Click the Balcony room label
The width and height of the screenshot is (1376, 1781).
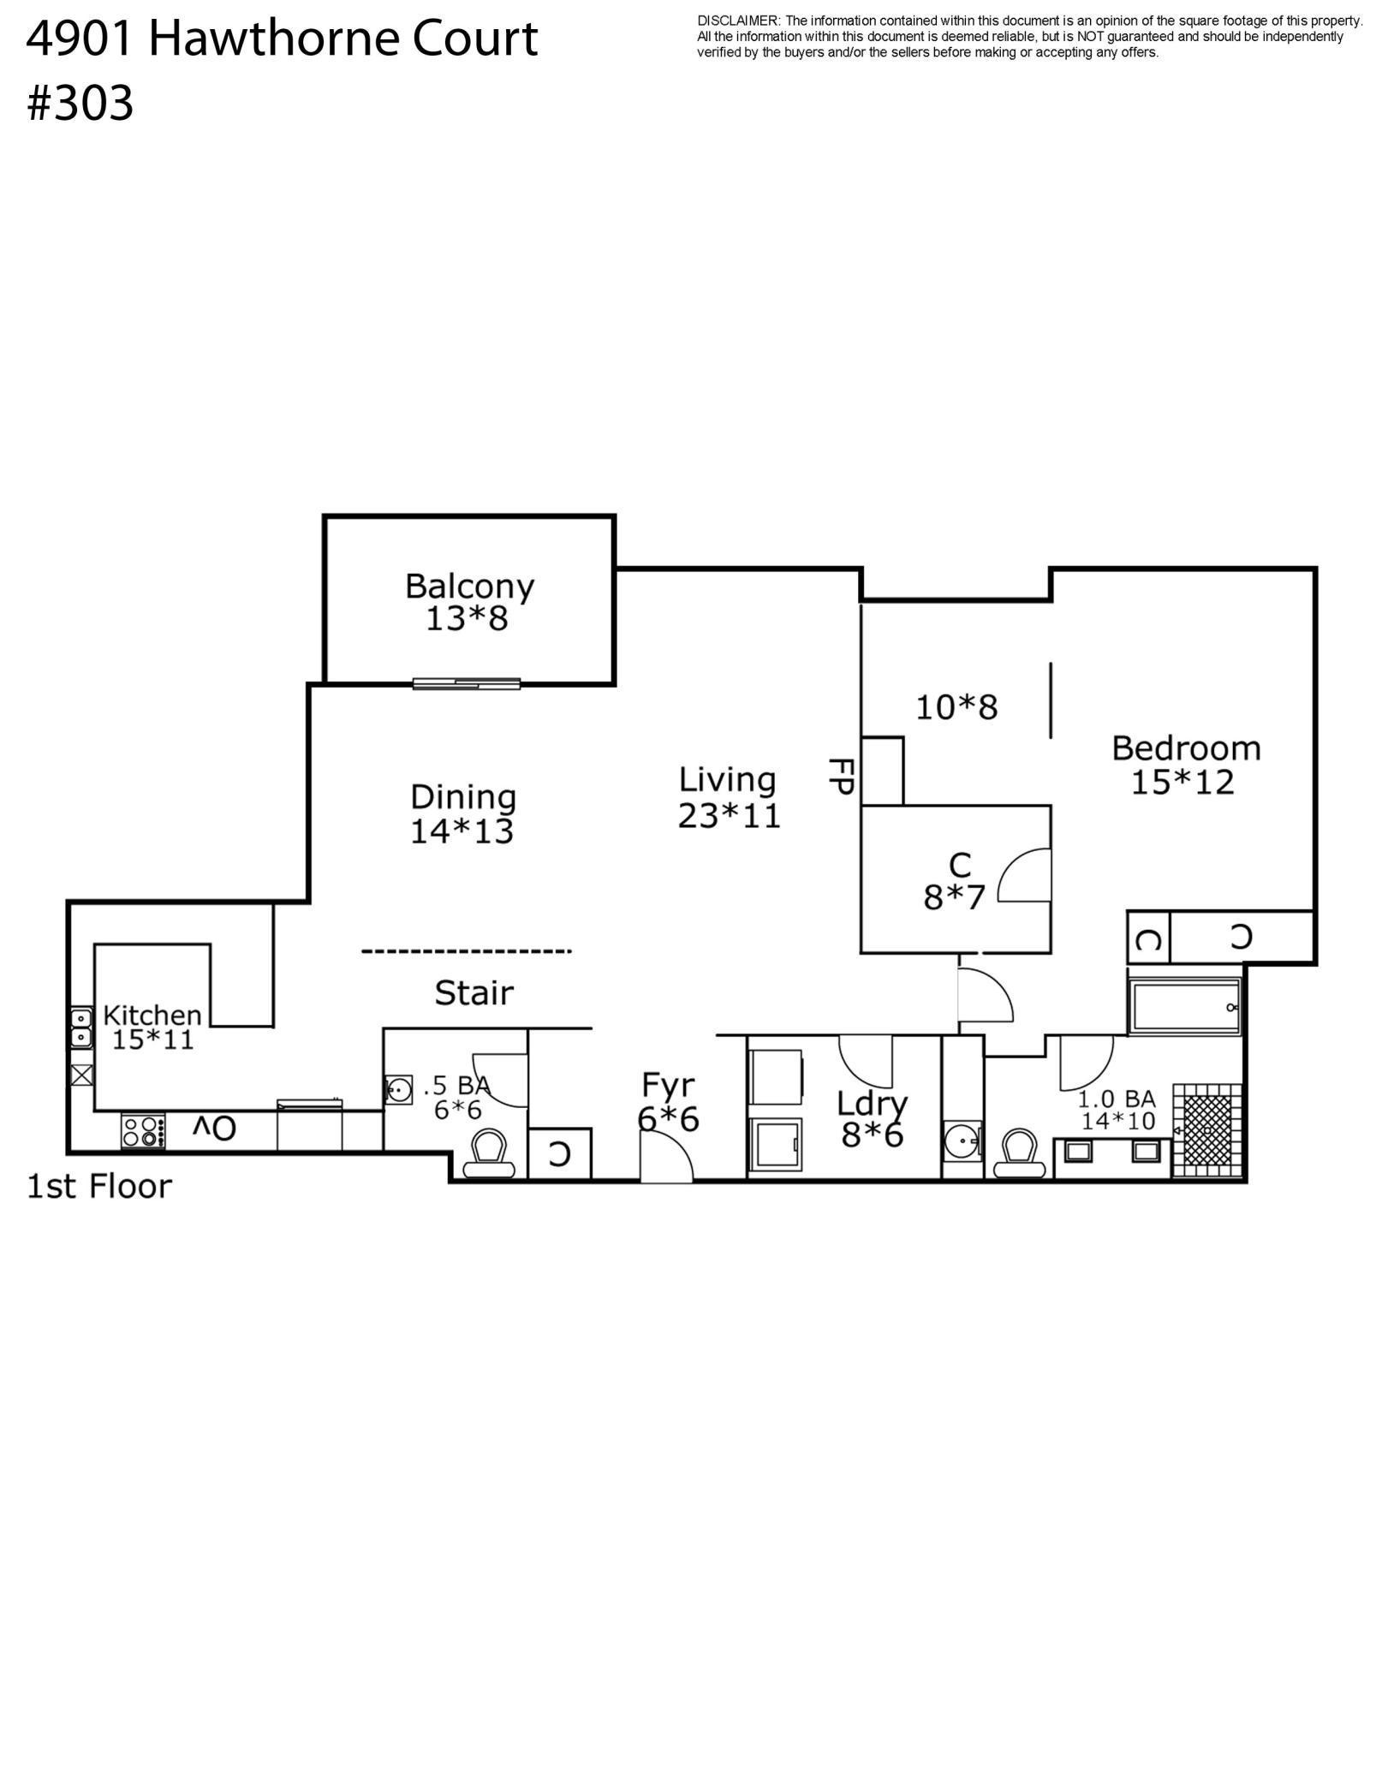pos(469,602)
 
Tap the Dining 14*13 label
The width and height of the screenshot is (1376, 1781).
pos(462,814)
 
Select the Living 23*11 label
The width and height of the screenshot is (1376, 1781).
pos(729,797)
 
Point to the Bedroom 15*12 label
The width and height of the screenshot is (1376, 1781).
pos(1186,765)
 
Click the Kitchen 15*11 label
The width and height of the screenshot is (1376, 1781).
pos(152,1027)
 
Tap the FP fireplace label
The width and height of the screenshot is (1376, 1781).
pos(841,776)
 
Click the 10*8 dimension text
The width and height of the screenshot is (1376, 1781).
pos(956,707)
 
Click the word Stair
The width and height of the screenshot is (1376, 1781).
pos(474,993)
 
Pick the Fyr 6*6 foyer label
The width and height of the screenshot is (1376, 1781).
pos(668,1102)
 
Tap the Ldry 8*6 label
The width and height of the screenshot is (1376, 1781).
pos(872,1120)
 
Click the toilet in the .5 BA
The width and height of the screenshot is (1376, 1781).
pos(489,1153)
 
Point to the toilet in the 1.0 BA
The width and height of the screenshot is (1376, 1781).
pos(1021,1153)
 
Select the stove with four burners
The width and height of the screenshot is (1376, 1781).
pos(143,1130)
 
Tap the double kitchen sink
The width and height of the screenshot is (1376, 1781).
pos(81,1027)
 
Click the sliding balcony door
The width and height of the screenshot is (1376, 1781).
pos(467,683)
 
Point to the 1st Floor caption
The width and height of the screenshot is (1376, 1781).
pos(99,1187)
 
